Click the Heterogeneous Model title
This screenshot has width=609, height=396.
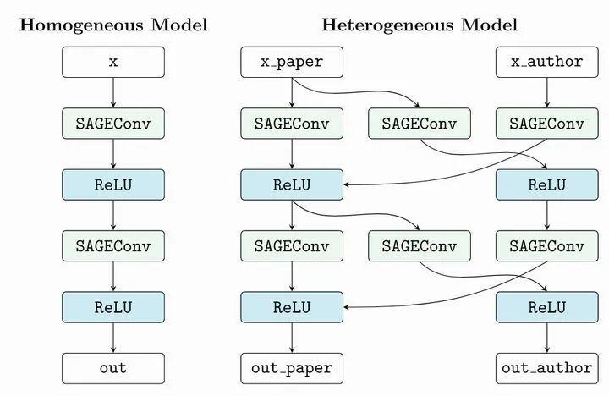click(x=420, y=25)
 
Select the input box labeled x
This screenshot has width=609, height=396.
click(x=113, y=62)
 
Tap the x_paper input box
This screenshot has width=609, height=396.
click(x=292, y=62)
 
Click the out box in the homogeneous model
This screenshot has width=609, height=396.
click(x=113, y=368)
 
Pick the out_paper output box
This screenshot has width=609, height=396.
click(x=292, y=368)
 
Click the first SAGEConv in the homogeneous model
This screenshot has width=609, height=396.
click(x=113, y=124)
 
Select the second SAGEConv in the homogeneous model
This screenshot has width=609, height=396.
click(x=113, y=245)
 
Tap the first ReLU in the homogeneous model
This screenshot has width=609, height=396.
click(x=113, y=184)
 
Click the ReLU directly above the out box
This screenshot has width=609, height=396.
click(x=113, y=306)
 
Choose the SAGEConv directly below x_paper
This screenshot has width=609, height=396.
click(x=292, y=124)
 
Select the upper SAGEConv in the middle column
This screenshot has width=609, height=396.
click(x=419, y=124)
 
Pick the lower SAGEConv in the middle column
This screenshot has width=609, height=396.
click(x=419, y=245)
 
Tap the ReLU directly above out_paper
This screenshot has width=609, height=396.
click(x=292, y=306)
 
